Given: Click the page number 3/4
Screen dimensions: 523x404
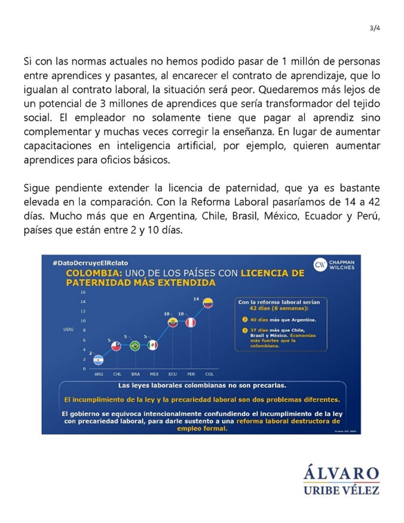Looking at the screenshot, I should point(375,27).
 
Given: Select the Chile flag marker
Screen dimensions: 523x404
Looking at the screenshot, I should point(117,345).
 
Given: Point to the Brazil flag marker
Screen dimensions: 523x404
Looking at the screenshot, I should point(135,345).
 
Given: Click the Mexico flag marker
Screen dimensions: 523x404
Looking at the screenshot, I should point(153,345).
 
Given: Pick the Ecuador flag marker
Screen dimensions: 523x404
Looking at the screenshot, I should point(172,322).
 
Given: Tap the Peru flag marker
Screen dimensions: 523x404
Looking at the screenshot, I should point(190,322).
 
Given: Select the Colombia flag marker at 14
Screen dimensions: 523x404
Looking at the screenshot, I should point(208,302).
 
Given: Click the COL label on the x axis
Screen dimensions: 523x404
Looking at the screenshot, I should point(208,374).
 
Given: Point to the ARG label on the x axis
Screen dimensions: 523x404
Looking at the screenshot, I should point(99,374).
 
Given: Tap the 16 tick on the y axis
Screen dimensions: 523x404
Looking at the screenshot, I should point(83,292).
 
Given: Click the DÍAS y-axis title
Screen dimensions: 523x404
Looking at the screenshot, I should point(69,330).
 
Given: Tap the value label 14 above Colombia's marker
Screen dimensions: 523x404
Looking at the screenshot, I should point(196,298).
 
